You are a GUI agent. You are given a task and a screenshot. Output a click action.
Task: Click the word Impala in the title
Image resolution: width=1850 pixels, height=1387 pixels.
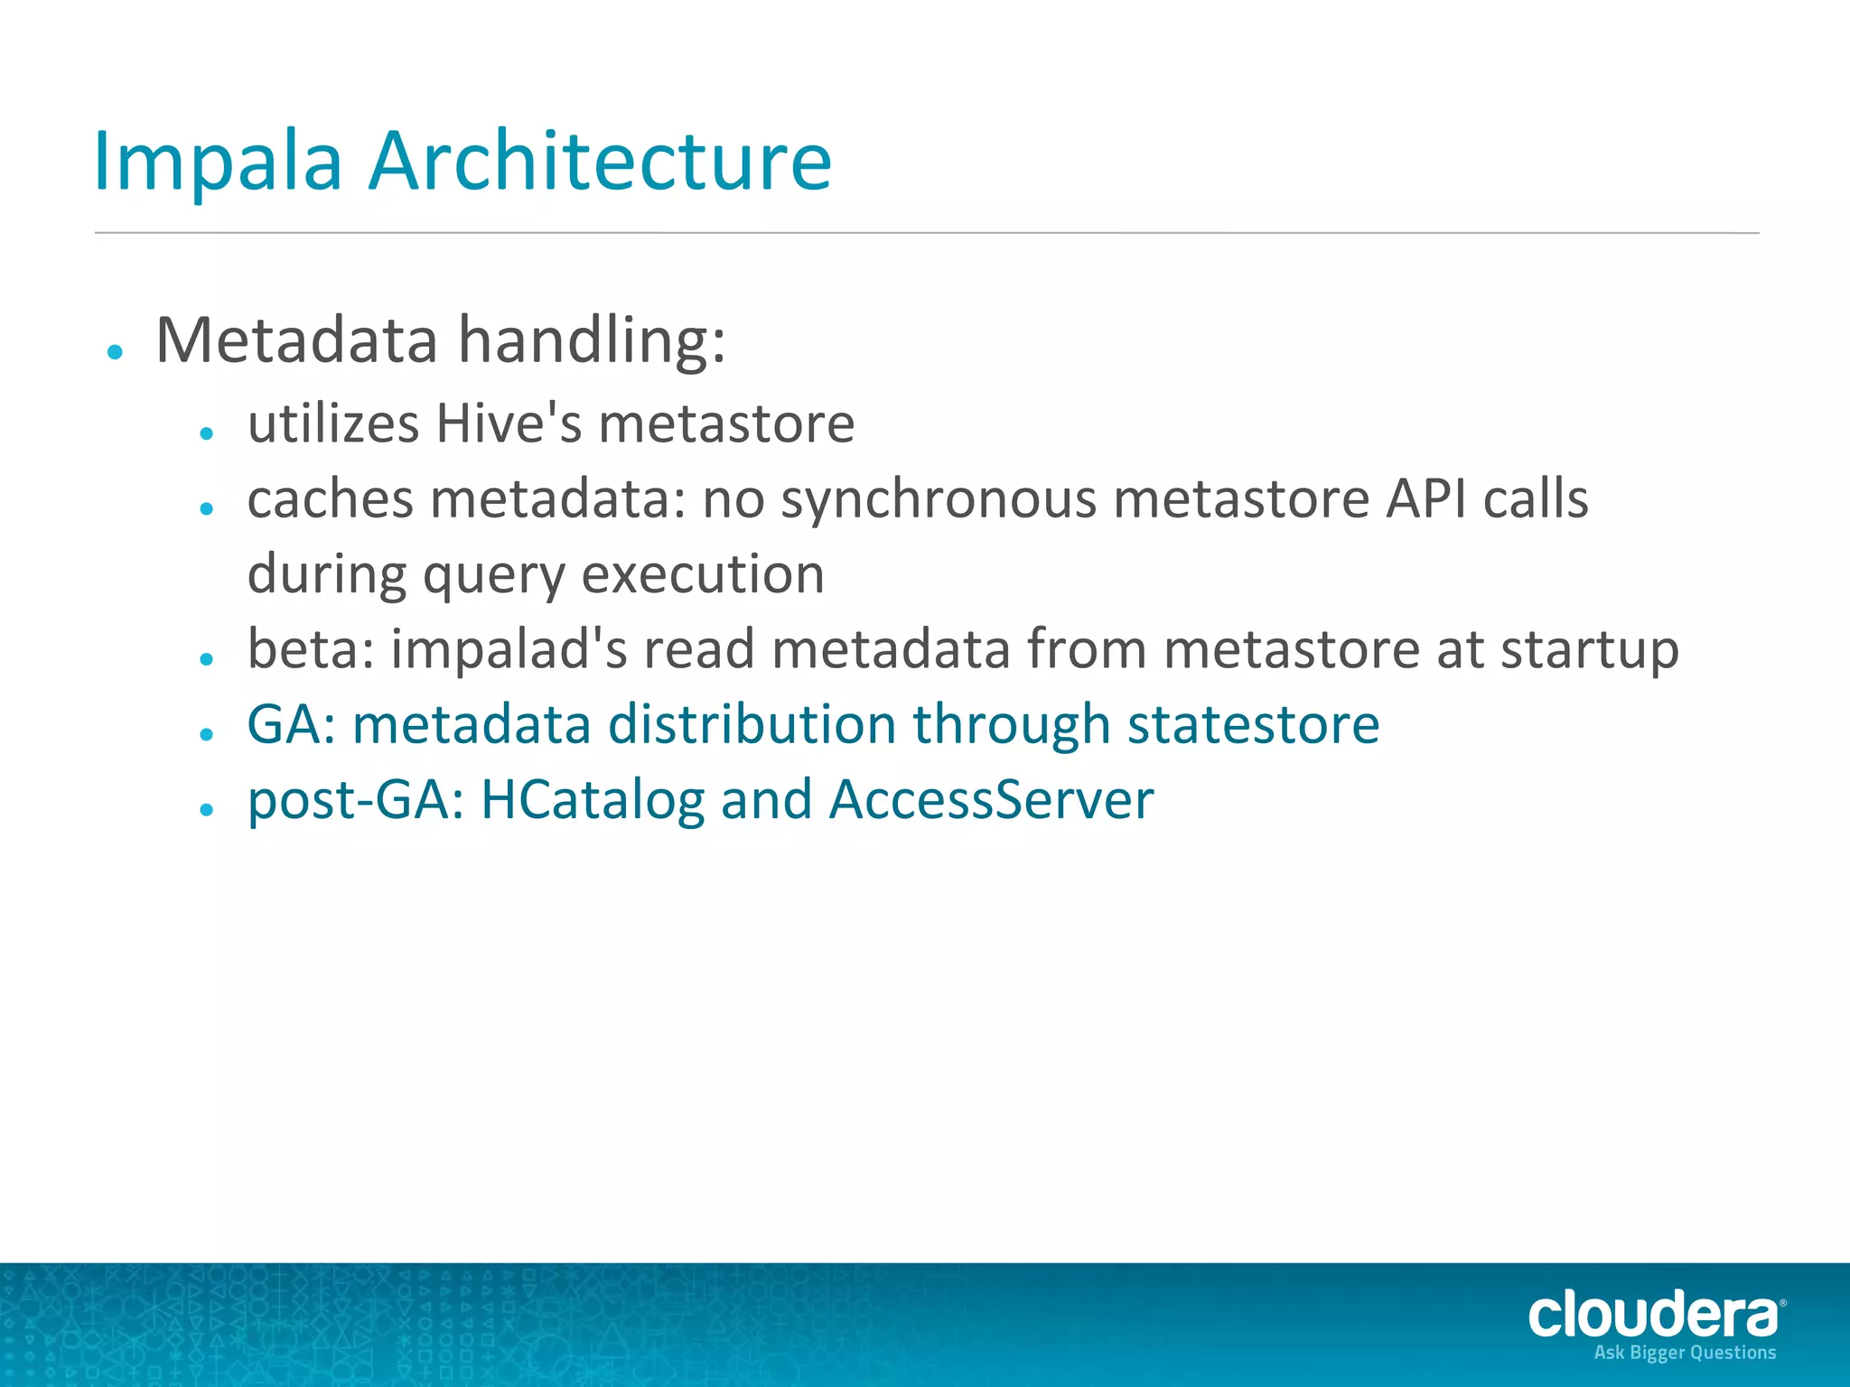(x=218, y=163)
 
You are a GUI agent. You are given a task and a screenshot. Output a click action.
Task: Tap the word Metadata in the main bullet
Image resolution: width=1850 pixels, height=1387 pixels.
(x=296, y=340)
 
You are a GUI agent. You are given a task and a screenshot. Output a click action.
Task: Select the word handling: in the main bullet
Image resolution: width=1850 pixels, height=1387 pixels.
(x=592, y=340)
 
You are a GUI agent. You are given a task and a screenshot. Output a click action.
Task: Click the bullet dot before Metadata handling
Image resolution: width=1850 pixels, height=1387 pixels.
(x=115, y=352)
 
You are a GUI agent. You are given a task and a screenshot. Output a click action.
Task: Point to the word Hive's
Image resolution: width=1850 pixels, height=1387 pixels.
(x=508, y=424)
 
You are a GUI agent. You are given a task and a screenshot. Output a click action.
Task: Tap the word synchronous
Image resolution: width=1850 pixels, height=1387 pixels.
(x=939, y=499)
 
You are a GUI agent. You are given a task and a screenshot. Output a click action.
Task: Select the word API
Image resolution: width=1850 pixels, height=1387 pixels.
(x=1426, y=498)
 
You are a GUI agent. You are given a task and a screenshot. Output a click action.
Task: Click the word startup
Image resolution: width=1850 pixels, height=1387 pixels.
(x=1589, y=651)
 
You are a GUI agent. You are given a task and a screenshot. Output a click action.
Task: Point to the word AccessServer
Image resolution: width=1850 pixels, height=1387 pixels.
(x=991, y=800)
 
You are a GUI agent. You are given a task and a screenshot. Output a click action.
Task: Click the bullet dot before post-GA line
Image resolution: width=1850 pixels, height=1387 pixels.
(x=207, y=810)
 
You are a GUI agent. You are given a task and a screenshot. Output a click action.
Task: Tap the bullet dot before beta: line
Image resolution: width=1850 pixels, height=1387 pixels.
(x=207, y=660)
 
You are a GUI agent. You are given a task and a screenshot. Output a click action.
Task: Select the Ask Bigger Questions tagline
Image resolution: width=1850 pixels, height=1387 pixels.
(x=1685, y=1353)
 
